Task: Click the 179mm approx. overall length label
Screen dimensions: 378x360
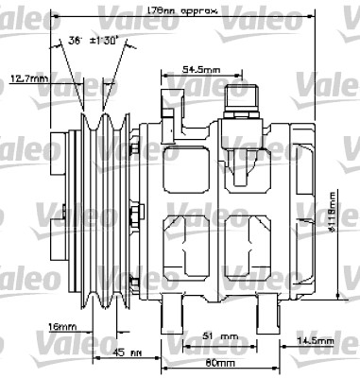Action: pyautogui.click(x=183, y=9)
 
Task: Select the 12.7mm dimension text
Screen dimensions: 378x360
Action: pyautogui.click(x=27, y=78)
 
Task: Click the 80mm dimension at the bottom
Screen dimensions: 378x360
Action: pyautogui.click(x=223, y=362)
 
